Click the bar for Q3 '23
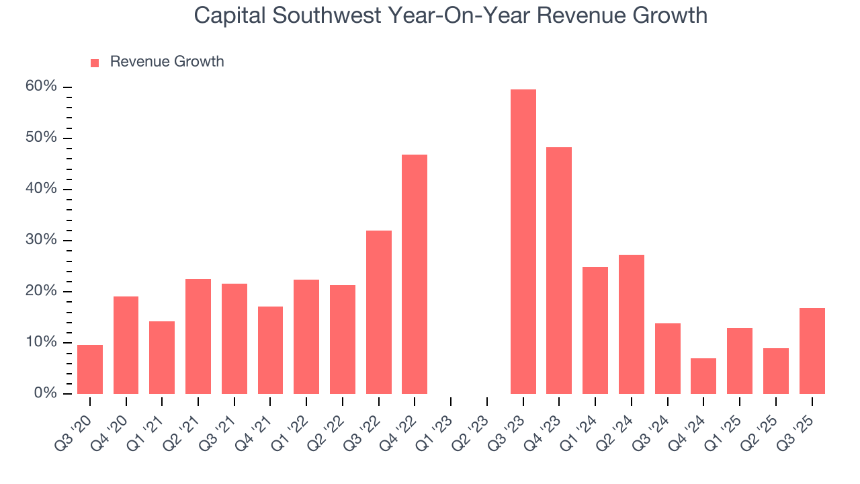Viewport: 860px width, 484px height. tap(523, 241)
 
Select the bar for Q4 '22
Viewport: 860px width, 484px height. tap(415, 274)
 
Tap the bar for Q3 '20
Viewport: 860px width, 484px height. tap(90, 369)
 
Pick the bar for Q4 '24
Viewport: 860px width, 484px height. tap(703, 376)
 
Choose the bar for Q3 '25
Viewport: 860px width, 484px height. tap(812, 351)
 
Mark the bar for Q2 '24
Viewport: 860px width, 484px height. tap(632, 324)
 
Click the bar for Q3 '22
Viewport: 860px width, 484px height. tap(379, 312)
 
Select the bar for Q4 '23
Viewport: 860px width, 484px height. tap(559, 270)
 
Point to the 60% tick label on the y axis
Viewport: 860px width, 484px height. tap(42, 87)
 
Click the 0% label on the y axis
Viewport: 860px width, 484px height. tap(46, 393)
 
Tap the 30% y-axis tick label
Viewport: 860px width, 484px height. tap(42, 240)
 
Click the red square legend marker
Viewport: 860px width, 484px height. tap(95, 63)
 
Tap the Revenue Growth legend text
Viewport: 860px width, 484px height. tap(167, 62)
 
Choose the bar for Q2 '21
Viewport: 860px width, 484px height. tap(198, 336)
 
